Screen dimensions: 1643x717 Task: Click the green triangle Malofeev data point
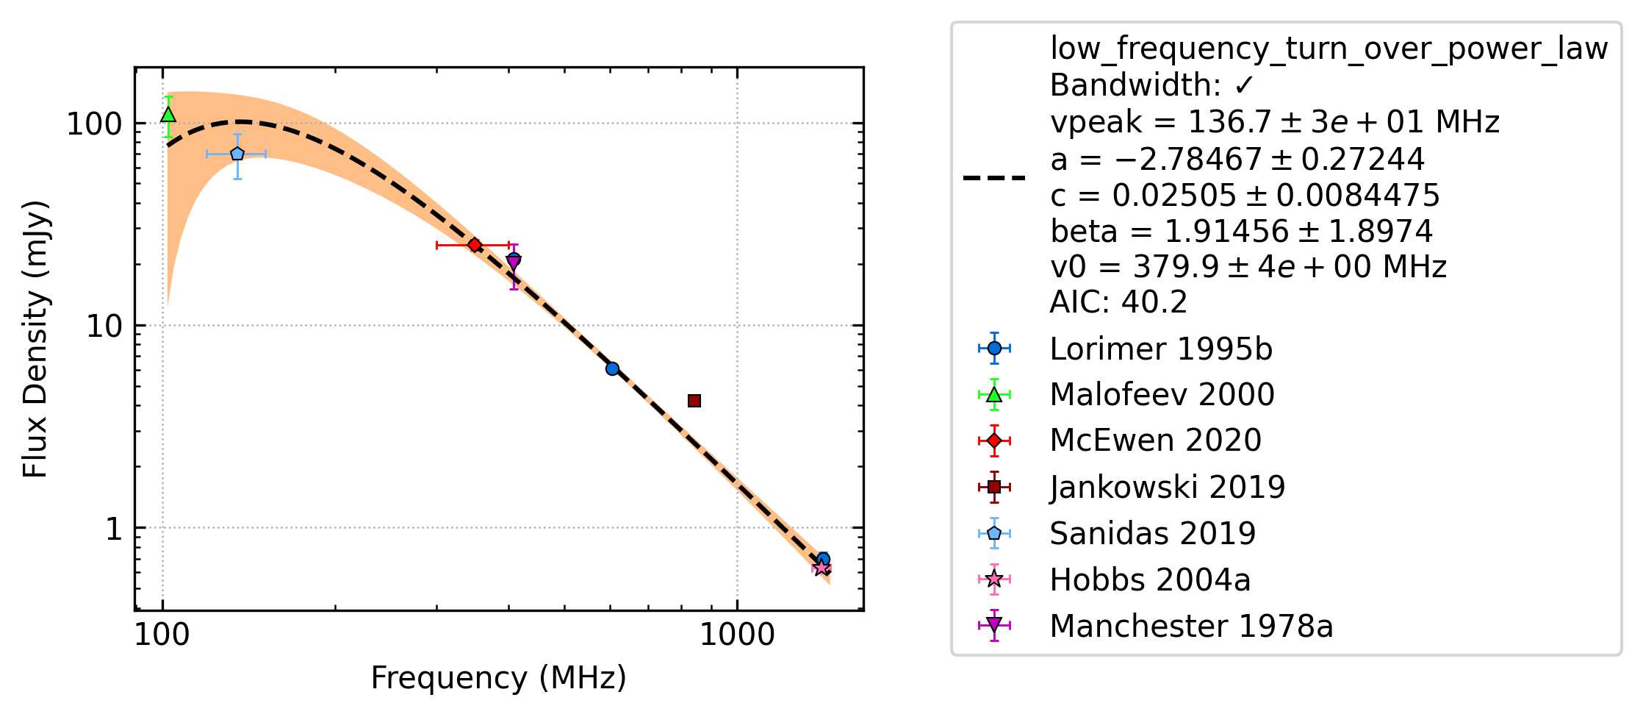click(168, 115)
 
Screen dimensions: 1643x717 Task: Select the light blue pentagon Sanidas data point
click(237, 154)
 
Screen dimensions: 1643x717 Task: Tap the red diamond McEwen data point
click(475, 245)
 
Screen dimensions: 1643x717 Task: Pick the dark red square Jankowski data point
click(694, 401)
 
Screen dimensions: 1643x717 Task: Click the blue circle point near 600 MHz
click(612, 368)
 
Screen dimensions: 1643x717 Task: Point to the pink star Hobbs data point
click(821, 568)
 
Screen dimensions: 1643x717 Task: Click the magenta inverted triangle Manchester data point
click(514, 263)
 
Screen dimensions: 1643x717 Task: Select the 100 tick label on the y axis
click(94, 124)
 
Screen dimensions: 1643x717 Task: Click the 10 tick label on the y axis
click(104, 326)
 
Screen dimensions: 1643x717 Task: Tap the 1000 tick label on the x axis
click(737, 635)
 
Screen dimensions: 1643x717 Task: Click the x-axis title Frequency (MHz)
click(498, 677)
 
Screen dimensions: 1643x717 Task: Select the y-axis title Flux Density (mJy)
click(35, 339)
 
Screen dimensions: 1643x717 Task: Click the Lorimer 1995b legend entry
click(1124, 349)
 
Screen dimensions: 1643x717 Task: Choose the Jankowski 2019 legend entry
click(1132, 487)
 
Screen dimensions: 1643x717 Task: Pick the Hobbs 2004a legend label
click(1150, 579)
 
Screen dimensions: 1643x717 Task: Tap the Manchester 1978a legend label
click(1191, 626)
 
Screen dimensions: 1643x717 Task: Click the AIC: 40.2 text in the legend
click(1118, 302)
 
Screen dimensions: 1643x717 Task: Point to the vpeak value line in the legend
click(1275, 122)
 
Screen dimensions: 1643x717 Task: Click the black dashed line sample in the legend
click(994, 178)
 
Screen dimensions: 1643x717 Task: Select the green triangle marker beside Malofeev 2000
click(994, 395)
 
